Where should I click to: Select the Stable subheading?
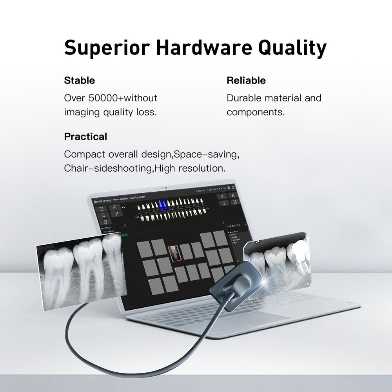pos(80,81)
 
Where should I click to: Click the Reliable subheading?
pos(246,81)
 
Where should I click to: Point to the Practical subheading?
pos(85,137)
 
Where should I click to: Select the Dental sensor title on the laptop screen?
pos(102,201)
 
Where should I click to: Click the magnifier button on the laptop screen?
pos(103,215)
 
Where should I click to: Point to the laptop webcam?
pos(166,186)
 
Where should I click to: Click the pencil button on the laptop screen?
pos(116,214)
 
